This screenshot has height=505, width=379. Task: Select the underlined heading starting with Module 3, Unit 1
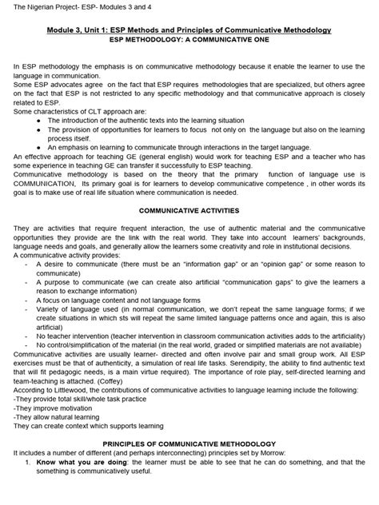[x=189, y=30]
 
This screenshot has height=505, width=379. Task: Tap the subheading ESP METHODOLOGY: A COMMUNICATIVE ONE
[x=189, y=39]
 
